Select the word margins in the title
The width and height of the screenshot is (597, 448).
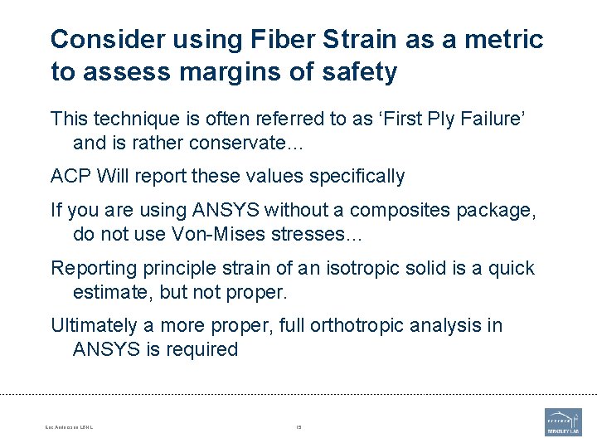pos(219,72)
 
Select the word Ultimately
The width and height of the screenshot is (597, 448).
pos(91,325)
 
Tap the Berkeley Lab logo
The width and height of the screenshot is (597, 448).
pos(563,421)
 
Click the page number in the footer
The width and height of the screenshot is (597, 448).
pos(298,427)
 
